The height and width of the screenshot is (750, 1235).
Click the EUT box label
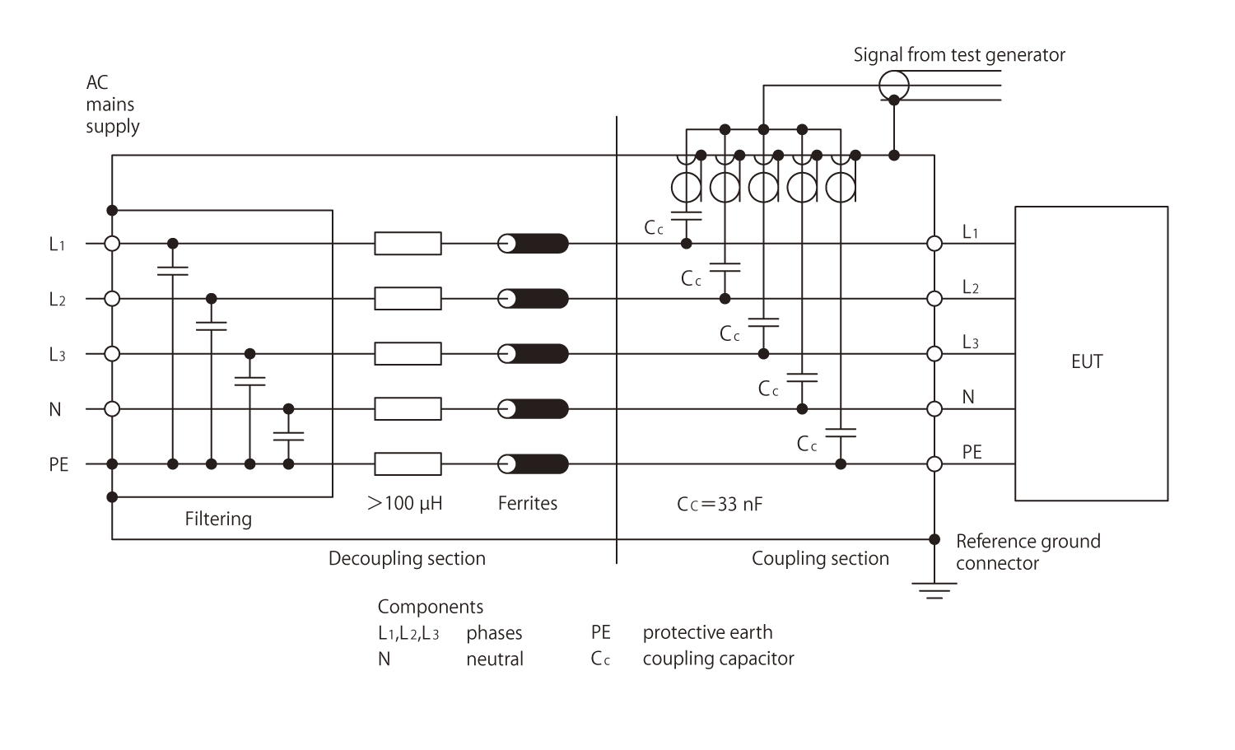[1086, 361]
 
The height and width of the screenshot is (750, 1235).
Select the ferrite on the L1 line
[534, 244]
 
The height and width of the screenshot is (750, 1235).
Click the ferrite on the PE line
[534, 464]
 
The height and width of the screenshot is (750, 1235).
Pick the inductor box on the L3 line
[408, 354]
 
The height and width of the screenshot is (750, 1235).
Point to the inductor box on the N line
[408, 409]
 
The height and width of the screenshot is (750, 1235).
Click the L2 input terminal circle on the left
[112, 299]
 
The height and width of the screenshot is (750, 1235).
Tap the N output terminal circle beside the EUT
[934, 409]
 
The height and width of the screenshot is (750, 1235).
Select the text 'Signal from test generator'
[959, 55]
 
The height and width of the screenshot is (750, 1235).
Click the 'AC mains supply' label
[112, 105]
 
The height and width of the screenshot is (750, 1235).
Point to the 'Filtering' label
[218, 519]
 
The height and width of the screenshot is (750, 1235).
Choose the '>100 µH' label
[405, 503]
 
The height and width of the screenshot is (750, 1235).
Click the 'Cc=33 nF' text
[720, 504]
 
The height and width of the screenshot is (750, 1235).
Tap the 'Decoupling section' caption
[407, 558]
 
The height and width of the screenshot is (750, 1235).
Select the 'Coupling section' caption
[820, 558]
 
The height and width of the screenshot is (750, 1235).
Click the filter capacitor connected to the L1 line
[172, 271]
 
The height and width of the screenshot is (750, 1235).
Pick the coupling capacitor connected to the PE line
[841, 432]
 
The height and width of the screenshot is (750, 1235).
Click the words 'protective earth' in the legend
[707, 632]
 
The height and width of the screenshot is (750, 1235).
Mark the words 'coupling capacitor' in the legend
[718, 659]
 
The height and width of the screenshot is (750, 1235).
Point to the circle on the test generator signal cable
[893, 85]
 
